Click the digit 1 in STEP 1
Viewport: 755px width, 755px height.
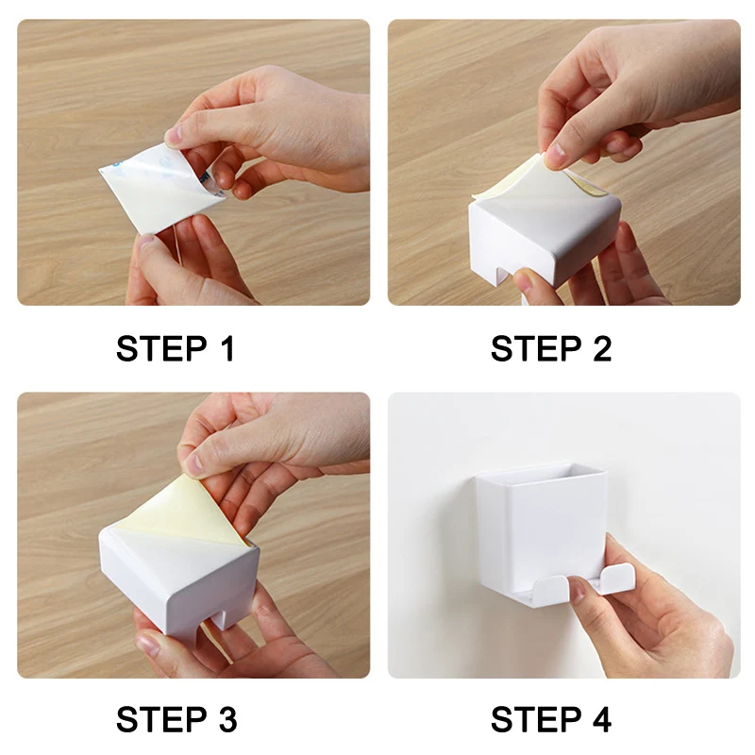pyautogui.click(x=228, y=348)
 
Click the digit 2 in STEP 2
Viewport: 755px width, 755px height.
pyautogui.click(x=602, y=348)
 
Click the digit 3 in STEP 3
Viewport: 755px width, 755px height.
pyautogui.click(x=227, y=719)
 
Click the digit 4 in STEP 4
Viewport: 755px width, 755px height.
pyautogui.click(x=602, y=719)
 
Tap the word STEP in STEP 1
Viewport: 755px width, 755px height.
pyautogui.click(x=161, y=348)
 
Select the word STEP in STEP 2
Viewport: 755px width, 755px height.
pyautogui.click(x=536, y=348)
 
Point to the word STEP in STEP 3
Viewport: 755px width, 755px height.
pyautogui.click(x=161, y=719)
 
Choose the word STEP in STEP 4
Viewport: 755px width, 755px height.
pyautogui.click(x=536, y=719)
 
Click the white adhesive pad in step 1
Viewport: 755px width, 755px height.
pyautogui.click(x=159, y=191)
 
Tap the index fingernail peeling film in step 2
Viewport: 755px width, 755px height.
pyautogui.click(x=557, y=155)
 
